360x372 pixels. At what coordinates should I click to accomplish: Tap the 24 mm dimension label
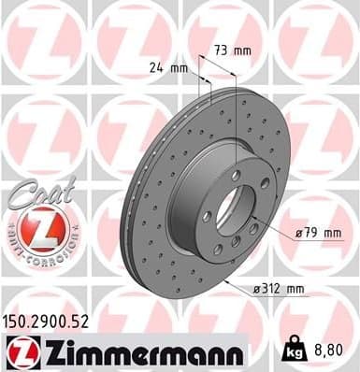(x=168, y=68)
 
